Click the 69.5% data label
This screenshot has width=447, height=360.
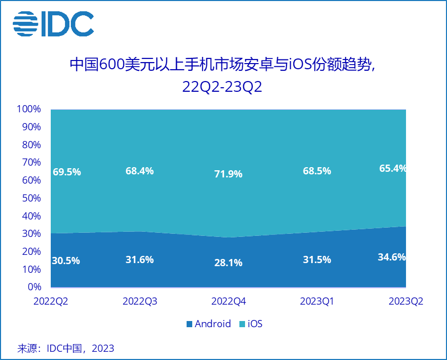click(x=67, y=172)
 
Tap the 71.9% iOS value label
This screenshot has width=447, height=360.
click(x=228, y=174)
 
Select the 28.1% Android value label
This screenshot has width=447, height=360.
click(x=228, y=263)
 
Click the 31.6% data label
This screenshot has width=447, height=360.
click(x=139, y=259)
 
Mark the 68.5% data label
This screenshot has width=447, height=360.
click(x=317, y=171)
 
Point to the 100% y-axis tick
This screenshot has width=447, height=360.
click(x=29, y=109)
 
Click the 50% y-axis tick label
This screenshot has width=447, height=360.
click(x=31, y=198)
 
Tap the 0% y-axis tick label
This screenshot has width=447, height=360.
click(x=33, y=287)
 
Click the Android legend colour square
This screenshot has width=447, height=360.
click(x=189, y=324)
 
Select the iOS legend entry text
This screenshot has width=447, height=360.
click(x=255, y=324)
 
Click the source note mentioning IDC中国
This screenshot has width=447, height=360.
click(x=66, y=349)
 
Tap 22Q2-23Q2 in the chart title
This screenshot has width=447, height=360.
click(x=222, y=86)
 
